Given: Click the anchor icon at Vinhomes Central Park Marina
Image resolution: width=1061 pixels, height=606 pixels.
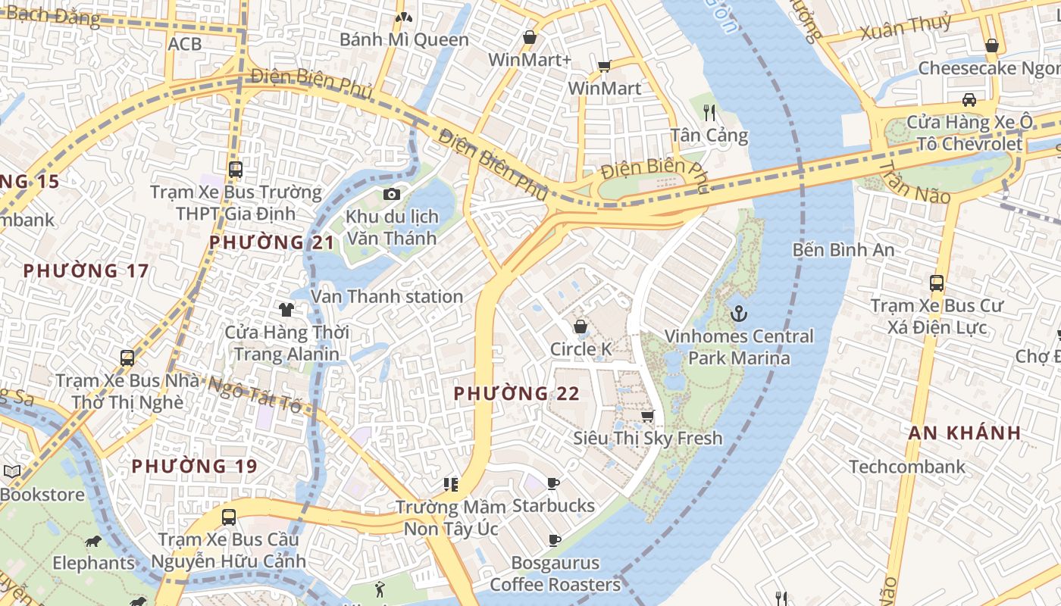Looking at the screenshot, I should [737, 313].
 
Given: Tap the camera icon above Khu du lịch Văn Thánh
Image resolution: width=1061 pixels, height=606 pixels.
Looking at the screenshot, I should [391, 195].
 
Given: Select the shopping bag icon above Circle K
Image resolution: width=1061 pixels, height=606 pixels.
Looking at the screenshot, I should [581, 326].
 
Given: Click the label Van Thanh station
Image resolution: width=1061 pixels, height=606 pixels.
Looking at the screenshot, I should [387, 296].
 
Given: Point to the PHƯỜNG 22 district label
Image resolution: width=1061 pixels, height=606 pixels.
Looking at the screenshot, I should [516, 393].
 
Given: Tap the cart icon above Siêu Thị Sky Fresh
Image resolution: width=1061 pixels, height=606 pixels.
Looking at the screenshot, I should [647, 416].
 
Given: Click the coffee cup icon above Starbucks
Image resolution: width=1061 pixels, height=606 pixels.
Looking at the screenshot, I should [553, 483].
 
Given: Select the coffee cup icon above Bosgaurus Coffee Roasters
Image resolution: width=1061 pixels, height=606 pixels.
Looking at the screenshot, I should [554, 540].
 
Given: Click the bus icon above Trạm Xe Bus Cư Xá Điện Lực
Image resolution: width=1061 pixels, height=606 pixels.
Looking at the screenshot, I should [937, 283].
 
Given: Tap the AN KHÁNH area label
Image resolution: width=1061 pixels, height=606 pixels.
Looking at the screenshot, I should [965, 433].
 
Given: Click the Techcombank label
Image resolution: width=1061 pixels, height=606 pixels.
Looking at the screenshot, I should [907, 466].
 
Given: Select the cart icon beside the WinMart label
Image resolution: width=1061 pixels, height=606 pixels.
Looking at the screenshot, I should [604, 67].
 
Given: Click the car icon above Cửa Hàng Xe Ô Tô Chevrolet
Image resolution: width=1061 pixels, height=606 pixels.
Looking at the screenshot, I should [969, 99].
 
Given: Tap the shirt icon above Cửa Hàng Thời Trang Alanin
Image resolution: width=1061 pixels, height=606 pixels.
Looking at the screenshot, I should [286, 309].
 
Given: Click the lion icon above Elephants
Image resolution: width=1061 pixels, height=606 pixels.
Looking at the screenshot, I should [93, 541].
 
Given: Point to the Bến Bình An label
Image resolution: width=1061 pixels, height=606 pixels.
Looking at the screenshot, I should [843, 249].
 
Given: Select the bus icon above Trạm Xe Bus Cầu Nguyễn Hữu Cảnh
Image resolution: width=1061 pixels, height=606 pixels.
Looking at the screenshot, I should [228, 517].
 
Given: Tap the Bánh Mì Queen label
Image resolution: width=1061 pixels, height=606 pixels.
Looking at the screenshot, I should [404, 39].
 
